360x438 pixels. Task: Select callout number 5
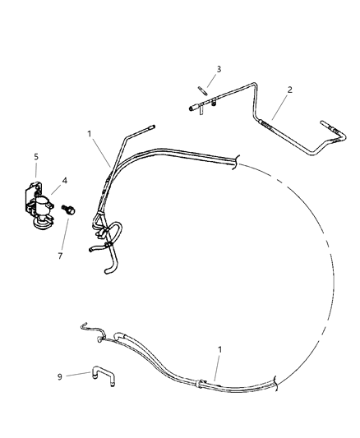(x=35, y=156)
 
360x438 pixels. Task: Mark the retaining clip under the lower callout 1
(x=202, y=381)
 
